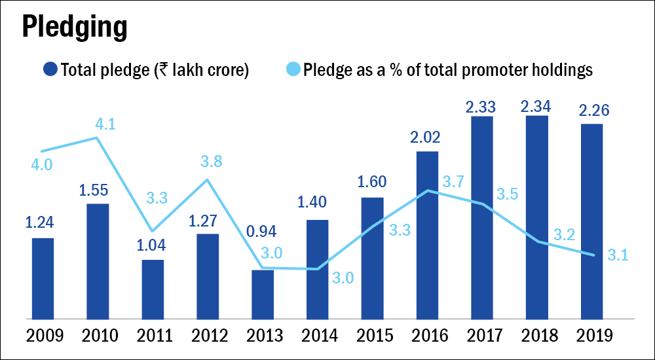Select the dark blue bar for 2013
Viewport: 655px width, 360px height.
pos(263,294)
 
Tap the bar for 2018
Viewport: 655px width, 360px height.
pos(536,217)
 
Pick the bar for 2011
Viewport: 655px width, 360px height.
pos(153,289)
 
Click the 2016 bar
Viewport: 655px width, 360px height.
pos(427,234)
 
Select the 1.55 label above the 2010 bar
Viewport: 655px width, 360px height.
pos(98,190)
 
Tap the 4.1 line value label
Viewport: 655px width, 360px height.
pos(105,124)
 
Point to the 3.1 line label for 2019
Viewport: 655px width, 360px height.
pos(617,255)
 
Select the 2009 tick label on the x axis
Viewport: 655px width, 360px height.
pos(43,336)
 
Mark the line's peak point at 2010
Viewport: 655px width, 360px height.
pos(98,138)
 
